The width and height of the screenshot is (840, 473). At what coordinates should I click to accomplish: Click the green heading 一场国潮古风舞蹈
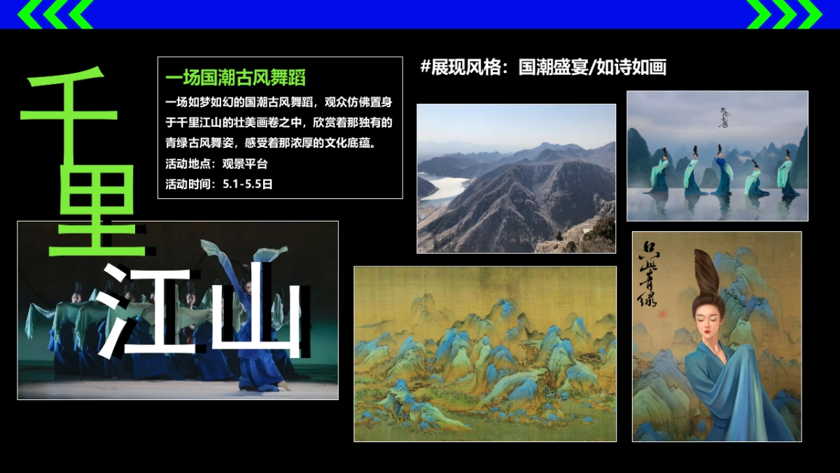[x=235, y=77]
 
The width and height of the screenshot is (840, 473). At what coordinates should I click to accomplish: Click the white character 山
[x=255, y=308]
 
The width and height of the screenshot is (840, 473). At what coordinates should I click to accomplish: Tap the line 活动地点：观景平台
[x=217, y=164]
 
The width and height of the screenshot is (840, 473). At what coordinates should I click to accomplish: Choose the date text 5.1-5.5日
[x=247, y=184]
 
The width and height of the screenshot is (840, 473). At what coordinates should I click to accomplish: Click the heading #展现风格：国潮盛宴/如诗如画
[x=542, y=67]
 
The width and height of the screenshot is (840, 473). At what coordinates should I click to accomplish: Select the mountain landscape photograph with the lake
[x=516, y=178]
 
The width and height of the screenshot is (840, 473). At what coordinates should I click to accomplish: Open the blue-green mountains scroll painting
[x=484, y=353]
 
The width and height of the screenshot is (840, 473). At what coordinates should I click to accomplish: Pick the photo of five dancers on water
[x=717, y=156]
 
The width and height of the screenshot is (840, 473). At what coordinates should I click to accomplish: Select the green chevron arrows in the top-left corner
[x=56, y=14]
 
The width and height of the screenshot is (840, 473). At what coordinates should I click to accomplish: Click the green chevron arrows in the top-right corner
[x=784, y=14]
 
